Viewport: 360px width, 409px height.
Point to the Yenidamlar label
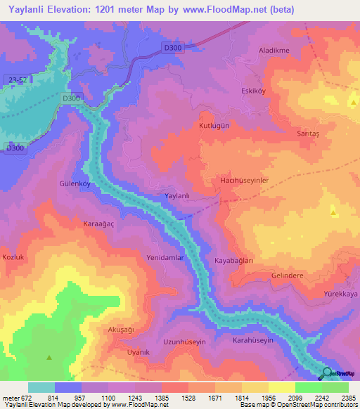point(165,258)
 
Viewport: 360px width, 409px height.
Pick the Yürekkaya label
point(340,293)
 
